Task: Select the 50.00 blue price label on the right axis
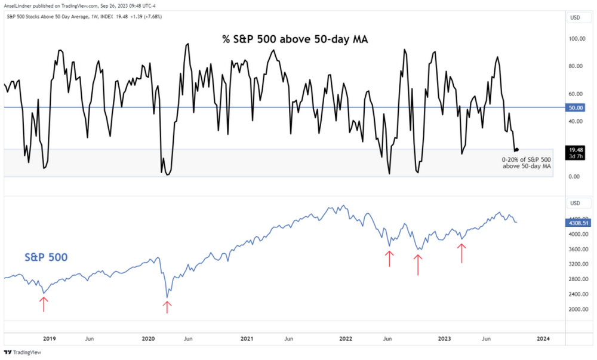point(576,107)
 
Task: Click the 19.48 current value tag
point(576,150)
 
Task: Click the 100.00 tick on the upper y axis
point(576,39)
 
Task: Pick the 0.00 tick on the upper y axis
point(574,177)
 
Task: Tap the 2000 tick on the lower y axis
point(575,309)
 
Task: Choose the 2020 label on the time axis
point(149,339)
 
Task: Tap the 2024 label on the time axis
point(544,339)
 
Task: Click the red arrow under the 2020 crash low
point(167,306)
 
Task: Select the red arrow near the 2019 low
point(43,303)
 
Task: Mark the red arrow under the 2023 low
point(461,253)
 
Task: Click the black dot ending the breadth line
point(516,150)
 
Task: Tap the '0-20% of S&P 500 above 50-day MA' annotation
point(527,163)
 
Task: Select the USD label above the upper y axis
point(576,17)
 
